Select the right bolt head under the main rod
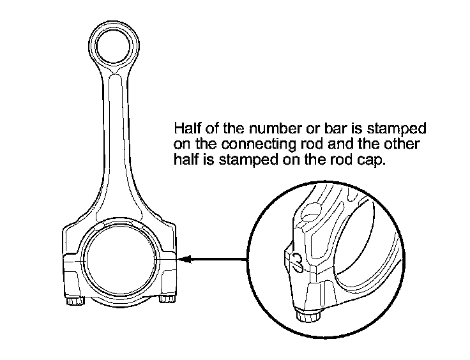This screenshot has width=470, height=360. coord(168,299)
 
